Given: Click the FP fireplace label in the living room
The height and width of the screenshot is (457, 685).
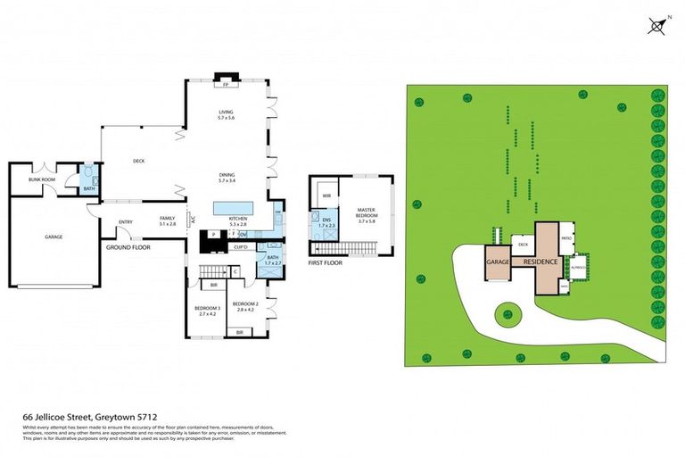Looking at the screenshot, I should [226, 86].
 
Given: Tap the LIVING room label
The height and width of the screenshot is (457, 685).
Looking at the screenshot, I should [226, 112].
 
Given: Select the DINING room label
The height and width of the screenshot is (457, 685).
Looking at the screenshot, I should [226, 177].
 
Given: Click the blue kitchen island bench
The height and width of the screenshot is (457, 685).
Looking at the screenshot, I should [234, 208].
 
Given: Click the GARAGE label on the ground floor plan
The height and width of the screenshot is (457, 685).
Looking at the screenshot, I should [53, 237].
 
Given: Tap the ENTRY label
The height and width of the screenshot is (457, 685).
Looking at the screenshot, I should [124, 221].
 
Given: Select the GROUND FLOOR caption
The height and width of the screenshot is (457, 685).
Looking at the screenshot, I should [128, 246].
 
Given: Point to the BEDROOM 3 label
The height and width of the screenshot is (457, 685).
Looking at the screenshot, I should [207, 312].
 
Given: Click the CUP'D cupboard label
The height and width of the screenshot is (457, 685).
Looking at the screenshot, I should [241, 246].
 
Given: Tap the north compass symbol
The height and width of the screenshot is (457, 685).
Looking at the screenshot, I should [658, 26].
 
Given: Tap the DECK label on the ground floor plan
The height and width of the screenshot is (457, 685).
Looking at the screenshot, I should [139, 162].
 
